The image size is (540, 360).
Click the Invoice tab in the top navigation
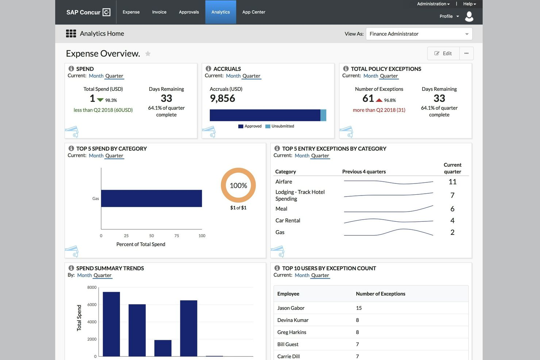(159, 12)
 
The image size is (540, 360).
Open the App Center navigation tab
(254, 12)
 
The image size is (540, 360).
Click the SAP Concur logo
(88, 12)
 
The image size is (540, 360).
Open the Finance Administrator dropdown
(419, 34)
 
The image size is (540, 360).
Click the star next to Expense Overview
(148, 54)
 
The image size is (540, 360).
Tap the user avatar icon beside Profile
(469, 16)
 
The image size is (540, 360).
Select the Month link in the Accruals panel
(233, 76)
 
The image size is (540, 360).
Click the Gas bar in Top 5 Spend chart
(151, 198)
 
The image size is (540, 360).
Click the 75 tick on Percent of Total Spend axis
(177, 236)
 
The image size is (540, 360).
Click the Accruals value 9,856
(222, 98)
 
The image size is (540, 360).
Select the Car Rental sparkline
(388, 220)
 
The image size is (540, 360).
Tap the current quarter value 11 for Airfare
(452, 182)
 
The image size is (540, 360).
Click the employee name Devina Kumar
(293, 320)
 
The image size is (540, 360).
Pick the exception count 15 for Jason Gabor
(359, 308)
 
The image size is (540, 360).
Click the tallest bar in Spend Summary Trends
(111, 324)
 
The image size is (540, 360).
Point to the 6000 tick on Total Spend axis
(92, 305)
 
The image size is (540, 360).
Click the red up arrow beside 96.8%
(379, 100)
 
